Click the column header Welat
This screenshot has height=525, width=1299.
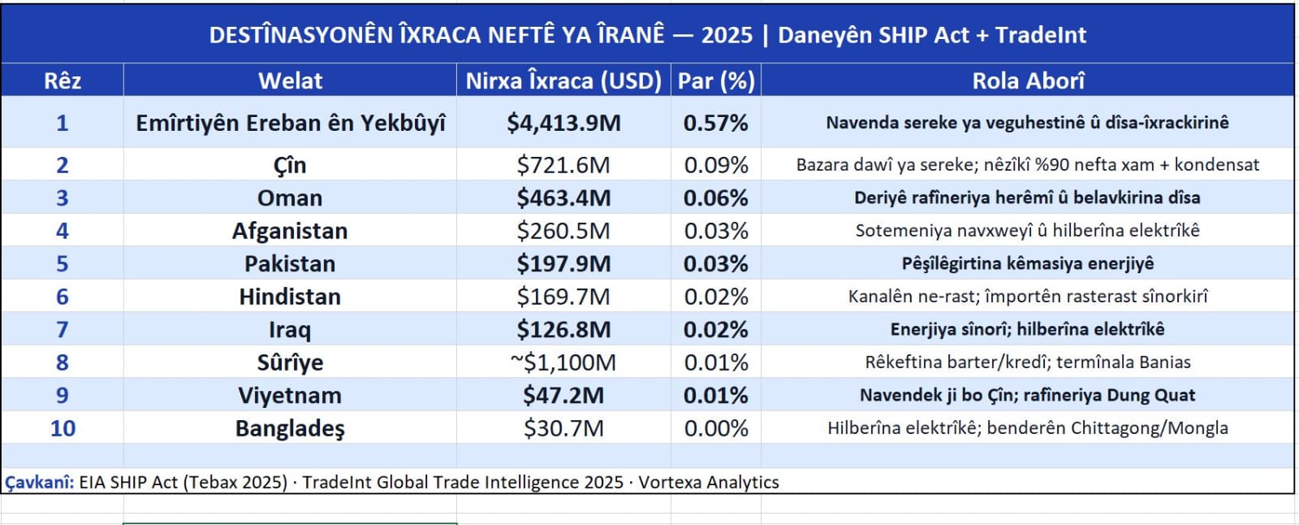(x=290, y=80)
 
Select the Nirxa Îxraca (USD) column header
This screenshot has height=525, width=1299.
(x=563, y=80)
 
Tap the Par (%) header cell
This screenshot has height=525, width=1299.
(x=716, y=80)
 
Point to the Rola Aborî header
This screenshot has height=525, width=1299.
(x=1028, y=80)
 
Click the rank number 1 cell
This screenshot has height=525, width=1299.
(x=62, y=123)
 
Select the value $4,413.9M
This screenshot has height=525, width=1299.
(x=563, y=123)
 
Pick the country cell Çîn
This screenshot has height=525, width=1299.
(x=290, y=165)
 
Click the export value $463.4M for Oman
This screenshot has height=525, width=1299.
(x=563, y=198)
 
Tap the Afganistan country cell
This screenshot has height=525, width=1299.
(x=290, y=231)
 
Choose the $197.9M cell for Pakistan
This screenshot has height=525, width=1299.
(x=563, y=264)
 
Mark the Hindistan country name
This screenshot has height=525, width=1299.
(x=290, y=297)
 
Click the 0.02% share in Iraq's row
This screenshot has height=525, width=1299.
(x=716, y=330)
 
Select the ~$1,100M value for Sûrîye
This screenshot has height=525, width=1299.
(x=563, y=362)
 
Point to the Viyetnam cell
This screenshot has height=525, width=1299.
(x=290, y=396)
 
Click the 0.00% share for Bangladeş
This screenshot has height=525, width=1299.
(x=716, y=428)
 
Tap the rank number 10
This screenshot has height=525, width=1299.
(x=63, y=428)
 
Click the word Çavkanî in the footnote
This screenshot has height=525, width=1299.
(x=38, y=483)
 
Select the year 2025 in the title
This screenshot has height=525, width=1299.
(x=727, y=35)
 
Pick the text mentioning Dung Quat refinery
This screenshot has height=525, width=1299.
(x=1027, y=396)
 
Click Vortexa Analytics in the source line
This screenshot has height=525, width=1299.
(x=708, y=483)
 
